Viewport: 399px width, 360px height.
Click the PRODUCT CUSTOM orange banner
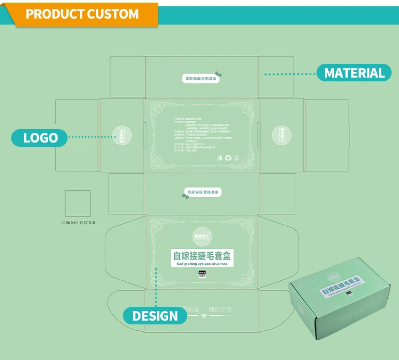coord(82,14)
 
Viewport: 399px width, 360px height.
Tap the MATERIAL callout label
coord(354,73)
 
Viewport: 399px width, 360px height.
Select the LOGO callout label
coord(40,138)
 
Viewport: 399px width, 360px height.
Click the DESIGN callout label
coord(155,316)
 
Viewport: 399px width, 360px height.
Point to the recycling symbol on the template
coord(228,157)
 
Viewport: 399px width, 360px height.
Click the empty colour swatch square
coord(78,203)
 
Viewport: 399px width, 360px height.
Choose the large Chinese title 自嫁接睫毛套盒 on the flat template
coord(202,256)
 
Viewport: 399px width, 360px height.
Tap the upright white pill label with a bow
coord(201,79)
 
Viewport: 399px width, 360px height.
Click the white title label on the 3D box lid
coord(341,286)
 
